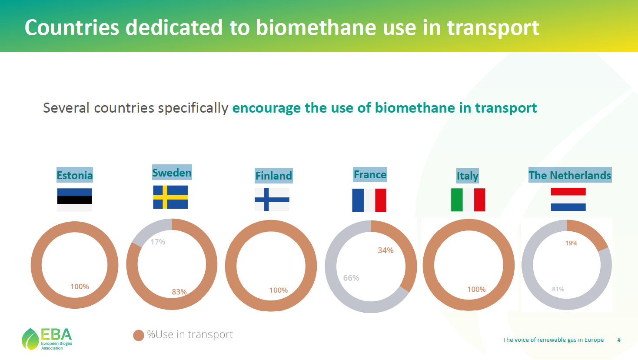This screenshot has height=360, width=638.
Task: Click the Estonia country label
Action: point(75,175)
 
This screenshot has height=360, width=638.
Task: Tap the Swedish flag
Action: point(170,197)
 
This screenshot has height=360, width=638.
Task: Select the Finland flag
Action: point(272,199)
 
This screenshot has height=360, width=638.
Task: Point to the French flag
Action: point(369,200)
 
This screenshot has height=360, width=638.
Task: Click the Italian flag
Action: point(468,200)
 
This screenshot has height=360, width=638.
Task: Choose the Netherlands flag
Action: point(568,199)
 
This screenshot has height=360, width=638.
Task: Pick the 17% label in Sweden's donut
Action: point(158,242)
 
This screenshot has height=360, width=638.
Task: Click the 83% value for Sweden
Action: point(179,292)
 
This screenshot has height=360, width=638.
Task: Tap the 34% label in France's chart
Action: point(385,250)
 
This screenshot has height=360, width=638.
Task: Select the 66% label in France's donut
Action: point(351,278)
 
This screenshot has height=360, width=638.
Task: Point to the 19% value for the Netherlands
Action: point(572,243)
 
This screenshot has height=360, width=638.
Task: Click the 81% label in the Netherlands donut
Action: point(558,289)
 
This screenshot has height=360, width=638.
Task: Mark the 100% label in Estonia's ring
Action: point(80,287)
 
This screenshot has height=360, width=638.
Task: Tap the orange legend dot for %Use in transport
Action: point(139,335)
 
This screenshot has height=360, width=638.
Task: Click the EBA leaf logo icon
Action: point(30,339)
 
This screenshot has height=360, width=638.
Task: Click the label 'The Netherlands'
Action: point(570,175)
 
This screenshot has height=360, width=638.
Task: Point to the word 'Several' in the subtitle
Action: point(66,108)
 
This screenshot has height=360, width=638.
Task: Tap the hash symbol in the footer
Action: point(619,340)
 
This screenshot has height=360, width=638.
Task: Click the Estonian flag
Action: point(75,200)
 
